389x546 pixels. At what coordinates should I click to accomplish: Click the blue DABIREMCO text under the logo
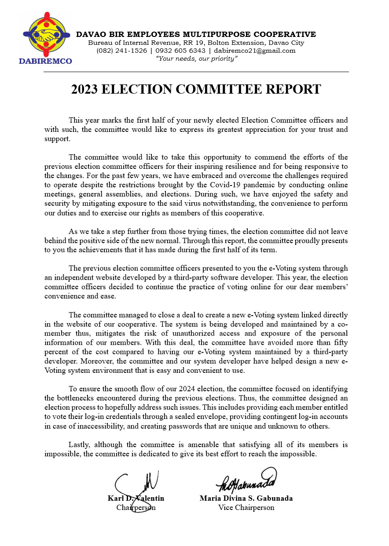(45, 61)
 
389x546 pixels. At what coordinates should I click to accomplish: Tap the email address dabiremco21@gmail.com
(255, 51)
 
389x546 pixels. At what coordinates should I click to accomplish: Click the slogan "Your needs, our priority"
(197, 58)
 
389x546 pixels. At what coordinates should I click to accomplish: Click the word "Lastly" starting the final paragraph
(79, 445)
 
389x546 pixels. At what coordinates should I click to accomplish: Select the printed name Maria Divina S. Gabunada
(246, 499)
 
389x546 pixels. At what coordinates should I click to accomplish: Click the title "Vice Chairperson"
(246, 508)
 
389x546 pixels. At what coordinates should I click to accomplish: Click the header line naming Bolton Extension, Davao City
(196, 43)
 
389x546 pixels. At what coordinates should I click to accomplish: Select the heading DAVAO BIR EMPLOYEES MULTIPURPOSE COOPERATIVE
(196, 34)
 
